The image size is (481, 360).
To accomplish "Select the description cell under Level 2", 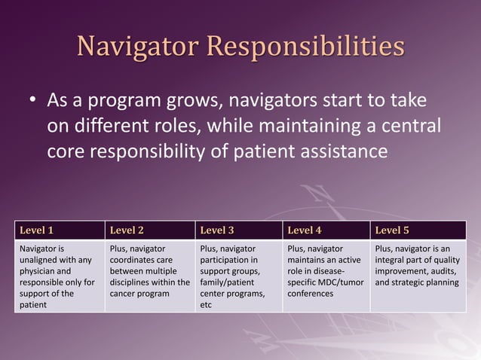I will coord(149,276).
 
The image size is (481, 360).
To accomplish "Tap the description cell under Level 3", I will coord(238,276).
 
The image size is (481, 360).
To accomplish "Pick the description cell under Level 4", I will coord(326,276).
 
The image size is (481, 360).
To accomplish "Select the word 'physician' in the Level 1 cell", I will coord(39,270).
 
